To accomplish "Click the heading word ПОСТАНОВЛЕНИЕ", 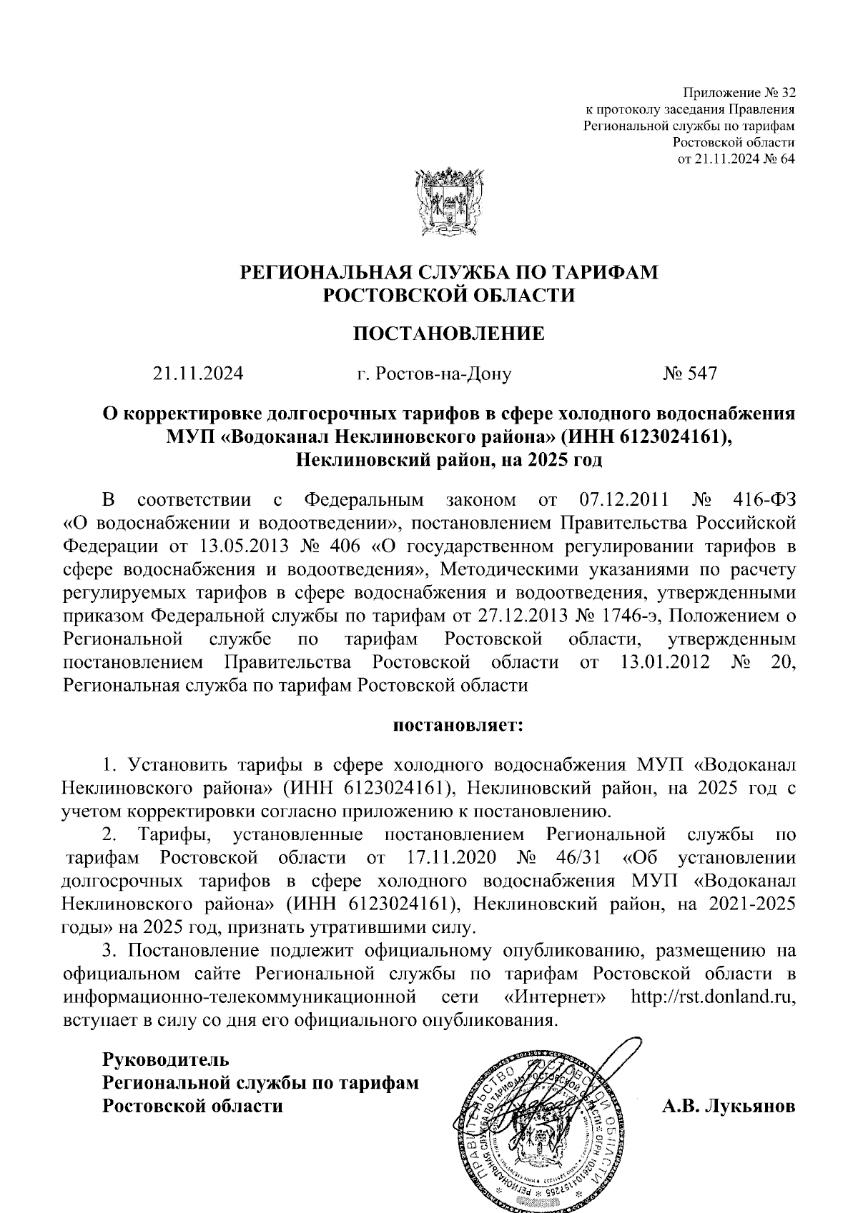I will [x=449, y=334].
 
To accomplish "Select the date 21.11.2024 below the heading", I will [x=197, y=373].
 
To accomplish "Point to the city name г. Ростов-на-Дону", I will [x=434, y=374].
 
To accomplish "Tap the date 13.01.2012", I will [x=661, y=662].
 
